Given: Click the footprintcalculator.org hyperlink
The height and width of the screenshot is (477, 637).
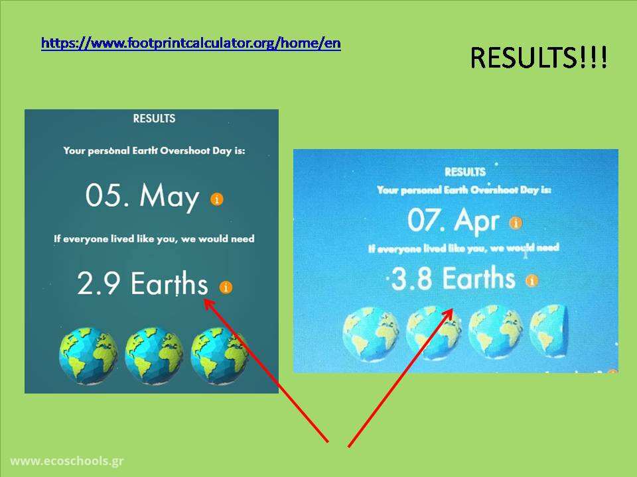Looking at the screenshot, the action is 191,43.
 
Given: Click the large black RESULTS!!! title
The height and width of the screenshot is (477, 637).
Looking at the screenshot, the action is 539,57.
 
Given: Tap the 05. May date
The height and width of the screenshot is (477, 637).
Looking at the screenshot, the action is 142,196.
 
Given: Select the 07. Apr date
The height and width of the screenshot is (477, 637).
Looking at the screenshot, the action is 453,220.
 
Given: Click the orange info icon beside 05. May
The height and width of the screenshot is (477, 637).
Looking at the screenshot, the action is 217,199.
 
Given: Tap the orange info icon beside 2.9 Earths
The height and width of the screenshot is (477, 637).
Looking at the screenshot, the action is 226,287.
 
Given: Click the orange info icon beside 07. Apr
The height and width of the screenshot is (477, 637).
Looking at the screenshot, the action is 516,223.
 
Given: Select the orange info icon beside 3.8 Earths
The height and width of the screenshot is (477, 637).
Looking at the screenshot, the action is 531,280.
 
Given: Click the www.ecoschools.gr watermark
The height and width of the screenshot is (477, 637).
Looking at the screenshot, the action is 67,461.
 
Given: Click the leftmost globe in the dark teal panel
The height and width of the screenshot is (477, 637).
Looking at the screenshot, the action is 88,356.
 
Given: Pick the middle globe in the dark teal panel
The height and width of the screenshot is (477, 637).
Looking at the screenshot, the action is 154,356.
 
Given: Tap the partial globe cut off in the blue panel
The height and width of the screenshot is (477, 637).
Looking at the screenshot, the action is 549,332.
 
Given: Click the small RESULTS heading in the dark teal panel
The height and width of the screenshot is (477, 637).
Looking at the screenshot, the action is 155,119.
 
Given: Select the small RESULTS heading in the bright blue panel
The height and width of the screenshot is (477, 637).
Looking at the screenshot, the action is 465,172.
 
